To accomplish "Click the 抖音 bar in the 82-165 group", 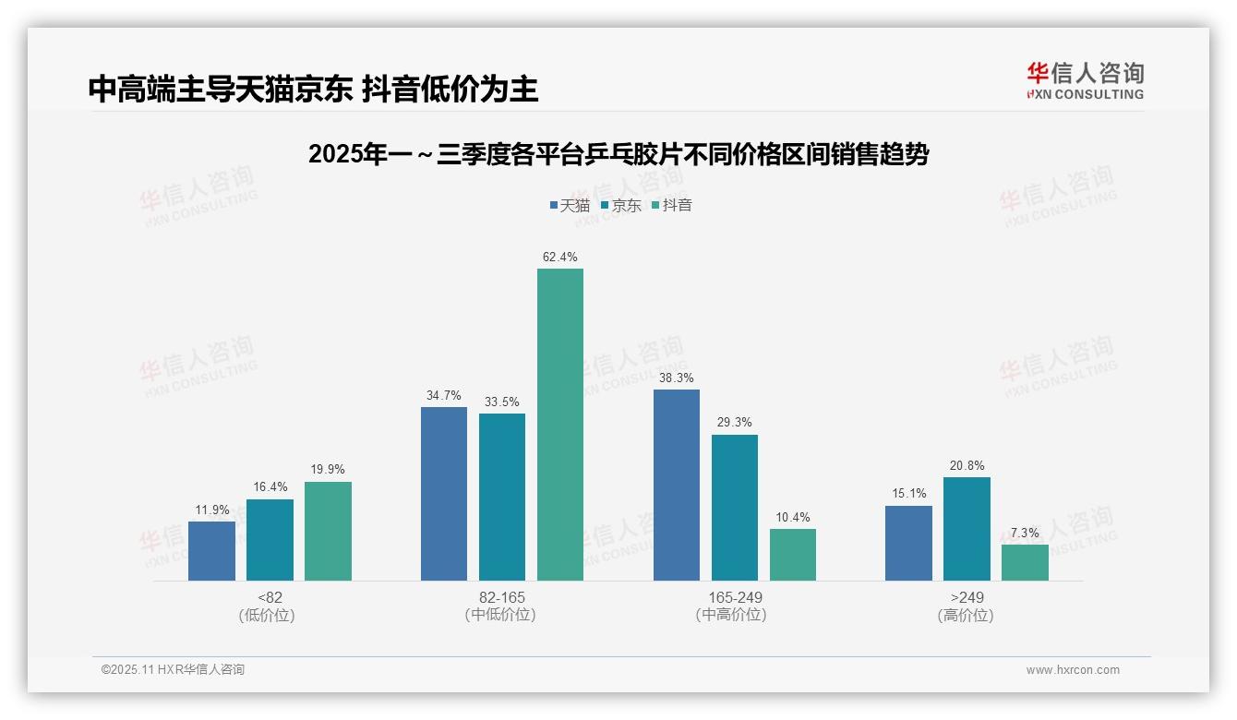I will click(560, 425).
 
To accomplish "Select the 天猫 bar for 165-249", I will click(677, 485).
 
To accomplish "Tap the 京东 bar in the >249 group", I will click(967, 529).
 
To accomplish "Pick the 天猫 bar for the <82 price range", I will click(211, 551).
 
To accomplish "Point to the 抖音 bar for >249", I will click(1025, 562).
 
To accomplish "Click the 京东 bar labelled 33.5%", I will click(502, 497).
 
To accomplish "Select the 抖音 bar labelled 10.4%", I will click(793, 555).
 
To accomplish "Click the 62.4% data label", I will click(560, 258).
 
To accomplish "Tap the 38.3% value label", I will click(677, 378).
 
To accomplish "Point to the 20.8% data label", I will click(967, 466).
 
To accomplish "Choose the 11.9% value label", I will click(211, 510).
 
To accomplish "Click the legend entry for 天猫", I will click(570, 205).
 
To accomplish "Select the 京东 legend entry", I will click(620, 205).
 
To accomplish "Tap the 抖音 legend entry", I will click(672, 205).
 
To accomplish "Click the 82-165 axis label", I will click(502, 597).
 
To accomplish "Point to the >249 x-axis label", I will click(967, 597).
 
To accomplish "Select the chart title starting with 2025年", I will click(618, 154).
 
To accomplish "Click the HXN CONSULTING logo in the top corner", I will click(1085, 80).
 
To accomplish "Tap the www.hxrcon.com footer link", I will click(1073, 670).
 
